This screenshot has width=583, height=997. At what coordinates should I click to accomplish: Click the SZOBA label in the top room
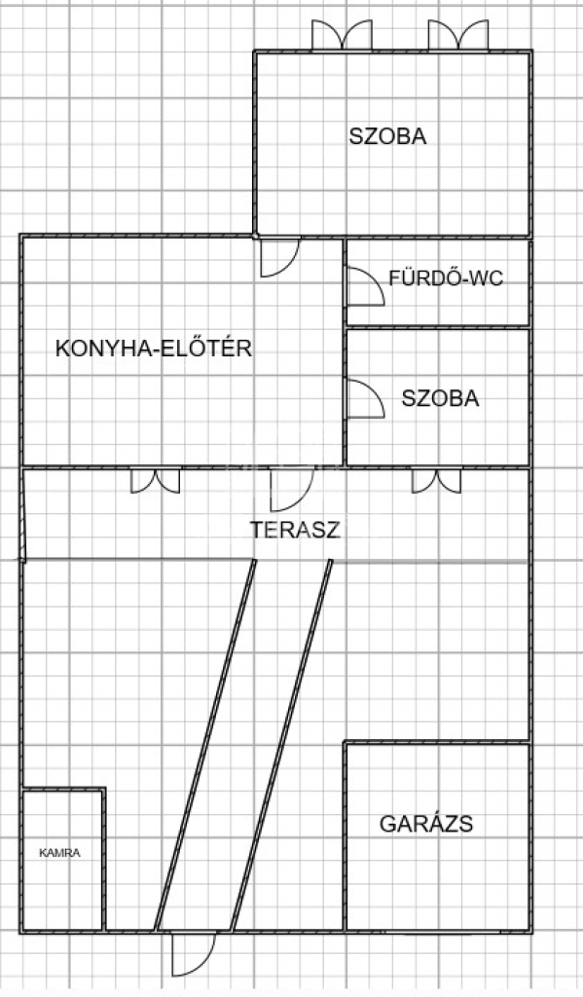tap(387, 136)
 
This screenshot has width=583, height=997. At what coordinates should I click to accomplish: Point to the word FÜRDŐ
tap(426, 277)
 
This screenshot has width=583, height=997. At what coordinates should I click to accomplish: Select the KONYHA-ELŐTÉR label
tap(154, 348)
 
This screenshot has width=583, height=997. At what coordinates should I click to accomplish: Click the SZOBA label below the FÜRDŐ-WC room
tap(440, 398)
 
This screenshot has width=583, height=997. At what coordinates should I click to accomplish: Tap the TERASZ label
tap(296, 530)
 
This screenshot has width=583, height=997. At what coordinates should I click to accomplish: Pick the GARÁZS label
tap(426, 824)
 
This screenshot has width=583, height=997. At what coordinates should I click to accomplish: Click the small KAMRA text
tap(59, 853)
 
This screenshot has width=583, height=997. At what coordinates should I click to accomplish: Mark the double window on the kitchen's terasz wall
tap(155, 481)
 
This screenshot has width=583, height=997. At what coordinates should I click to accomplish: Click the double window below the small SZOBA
tap(436, 481)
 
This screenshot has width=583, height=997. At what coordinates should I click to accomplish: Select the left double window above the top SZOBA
tap(342, 35)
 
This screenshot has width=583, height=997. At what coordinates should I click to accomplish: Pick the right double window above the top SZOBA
tap(458, 35)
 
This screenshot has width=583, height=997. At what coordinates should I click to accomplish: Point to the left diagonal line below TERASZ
tap(204, 745)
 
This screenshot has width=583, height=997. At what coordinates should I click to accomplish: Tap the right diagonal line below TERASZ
tap(281, 745)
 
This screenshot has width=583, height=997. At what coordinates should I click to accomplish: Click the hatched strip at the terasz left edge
tap(23, 515)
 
